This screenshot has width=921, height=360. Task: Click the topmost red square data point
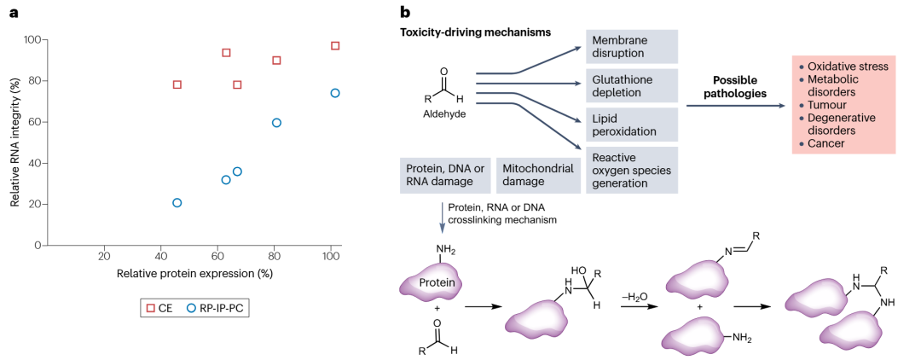(335, 46)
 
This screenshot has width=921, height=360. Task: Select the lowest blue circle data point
(177, 203)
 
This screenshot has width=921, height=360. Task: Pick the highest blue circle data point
(335, 93)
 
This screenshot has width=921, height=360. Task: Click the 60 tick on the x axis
(217, 255)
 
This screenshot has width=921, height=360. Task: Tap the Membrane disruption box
(631, 47)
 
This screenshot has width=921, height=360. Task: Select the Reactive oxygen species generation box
(631, 170)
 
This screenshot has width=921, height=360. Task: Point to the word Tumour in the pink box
(825, 105)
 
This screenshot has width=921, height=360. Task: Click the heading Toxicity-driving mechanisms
(475, 32)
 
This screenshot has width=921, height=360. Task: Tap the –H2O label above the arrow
(635, 297)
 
